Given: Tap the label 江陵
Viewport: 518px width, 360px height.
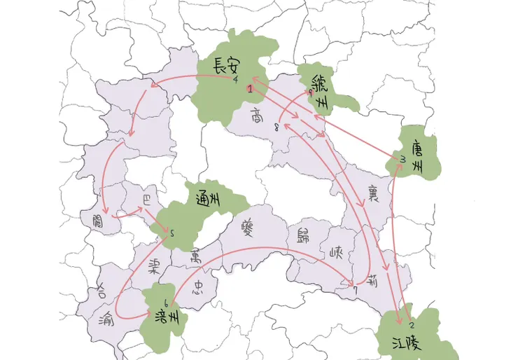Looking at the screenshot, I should pyautogui.click(x=400, y=342).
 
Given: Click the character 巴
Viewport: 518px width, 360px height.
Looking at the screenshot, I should pyautogui.click(x=146, y=199).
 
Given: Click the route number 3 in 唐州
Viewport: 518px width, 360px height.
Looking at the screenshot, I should pyautogui.click(x=403, y=160).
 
